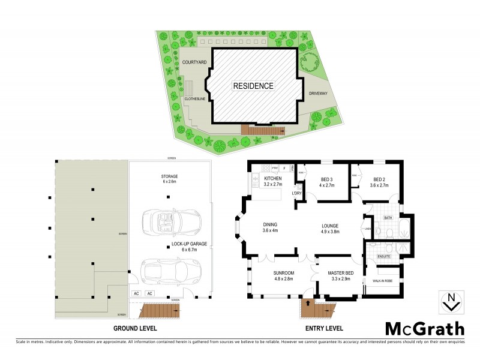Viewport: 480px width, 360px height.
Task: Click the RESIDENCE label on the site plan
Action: point(253,86)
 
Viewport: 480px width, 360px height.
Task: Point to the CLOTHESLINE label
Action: point(196,99)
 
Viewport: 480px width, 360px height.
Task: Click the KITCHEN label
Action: point(273,179)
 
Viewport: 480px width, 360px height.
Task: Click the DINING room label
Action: point(270,225)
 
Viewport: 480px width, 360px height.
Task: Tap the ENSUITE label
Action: point(384,256)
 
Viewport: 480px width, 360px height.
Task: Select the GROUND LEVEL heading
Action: point(136,328)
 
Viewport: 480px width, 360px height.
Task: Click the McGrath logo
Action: point(424,328)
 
